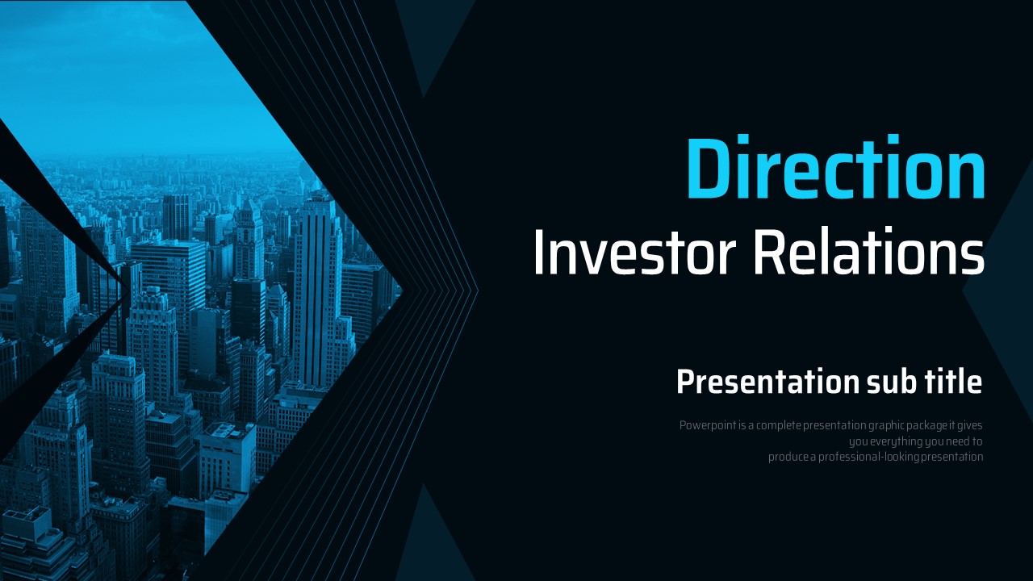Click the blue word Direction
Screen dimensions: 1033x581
[835, 167]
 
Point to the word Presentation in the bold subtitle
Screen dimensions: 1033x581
[767, 382]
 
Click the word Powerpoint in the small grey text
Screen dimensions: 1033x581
[708, 425]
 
